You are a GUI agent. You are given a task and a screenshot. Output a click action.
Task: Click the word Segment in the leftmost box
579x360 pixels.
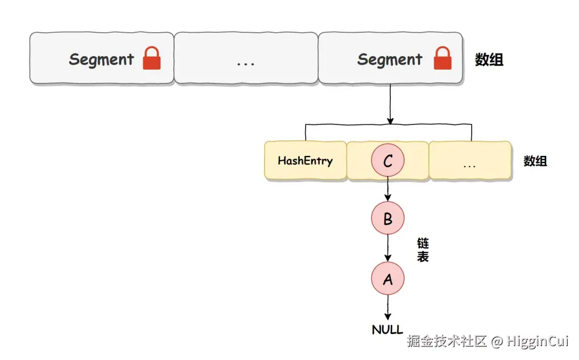coord(101,59)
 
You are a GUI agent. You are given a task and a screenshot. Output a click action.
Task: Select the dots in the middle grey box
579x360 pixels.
coord(246,63)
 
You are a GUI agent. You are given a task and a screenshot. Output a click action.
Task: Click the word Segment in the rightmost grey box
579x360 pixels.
coord(390,59)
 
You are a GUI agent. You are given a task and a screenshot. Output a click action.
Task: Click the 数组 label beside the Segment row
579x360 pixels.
coord(489,59)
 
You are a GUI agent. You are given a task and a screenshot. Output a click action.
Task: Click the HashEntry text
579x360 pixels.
coord(305,160)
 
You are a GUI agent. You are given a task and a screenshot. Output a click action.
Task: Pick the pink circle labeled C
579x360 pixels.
coord(388,161)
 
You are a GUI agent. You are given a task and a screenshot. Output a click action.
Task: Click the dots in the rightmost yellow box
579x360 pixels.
coord(469,164)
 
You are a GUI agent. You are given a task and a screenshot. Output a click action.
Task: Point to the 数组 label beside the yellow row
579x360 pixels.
coord(535,161)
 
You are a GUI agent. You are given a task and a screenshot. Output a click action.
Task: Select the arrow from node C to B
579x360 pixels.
coord(388,189)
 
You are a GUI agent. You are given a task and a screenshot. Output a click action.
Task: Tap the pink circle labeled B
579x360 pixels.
coord(388,219)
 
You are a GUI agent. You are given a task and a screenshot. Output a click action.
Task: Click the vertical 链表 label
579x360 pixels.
coord(423,250)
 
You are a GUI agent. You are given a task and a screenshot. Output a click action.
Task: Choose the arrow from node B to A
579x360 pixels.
coord(388,247)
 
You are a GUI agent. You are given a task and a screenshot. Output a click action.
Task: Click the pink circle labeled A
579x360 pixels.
coord(388,279)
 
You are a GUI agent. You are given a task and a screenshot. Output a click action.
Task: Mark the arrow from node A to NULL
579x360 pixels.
coord(388,307)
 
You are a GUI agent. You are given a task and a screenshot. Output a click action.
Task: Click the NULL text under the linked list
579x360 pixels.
coord(388,329)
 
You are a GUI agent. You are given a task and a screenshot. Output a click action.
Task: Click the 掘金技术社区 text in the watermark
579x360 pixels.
coord(446,341)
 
